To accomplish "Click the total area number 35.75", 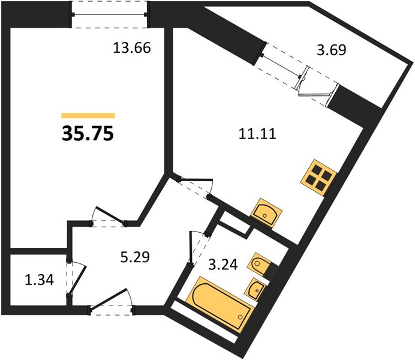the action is tap(88, 133).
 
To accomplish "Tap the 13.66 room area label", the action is tap(132, 48).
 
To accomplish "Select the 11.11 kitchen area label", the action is tap(257, 134).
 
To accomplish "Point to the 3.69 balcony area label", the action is tap(332, 49).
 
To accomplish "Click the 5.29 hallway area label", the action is tap(135, 257).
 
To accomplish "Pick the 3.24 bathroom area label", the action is tap(223, 265).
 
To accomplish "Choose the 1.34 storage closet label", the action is tap(40, 280).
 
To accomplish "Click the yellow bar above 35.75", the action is tap(88, 115).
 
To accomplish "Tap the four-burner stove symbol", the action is tap(318, 178).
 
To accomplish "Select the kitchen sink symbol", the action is tap(266, 212).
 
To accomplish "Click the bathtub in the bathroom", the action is tap(219, 304).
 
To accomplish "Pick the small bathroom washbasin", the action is tap(256, 289).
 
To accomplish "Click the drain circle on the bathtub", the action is tap(240, 317).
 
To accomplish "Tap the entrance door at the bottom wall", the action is tap(109, 299).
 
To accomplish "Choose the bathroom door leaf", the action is tap(191, 247).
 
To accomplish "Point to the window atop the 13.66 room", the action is tap(109, 14).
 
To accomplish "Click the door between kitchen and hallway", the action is tap(197, 186).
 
